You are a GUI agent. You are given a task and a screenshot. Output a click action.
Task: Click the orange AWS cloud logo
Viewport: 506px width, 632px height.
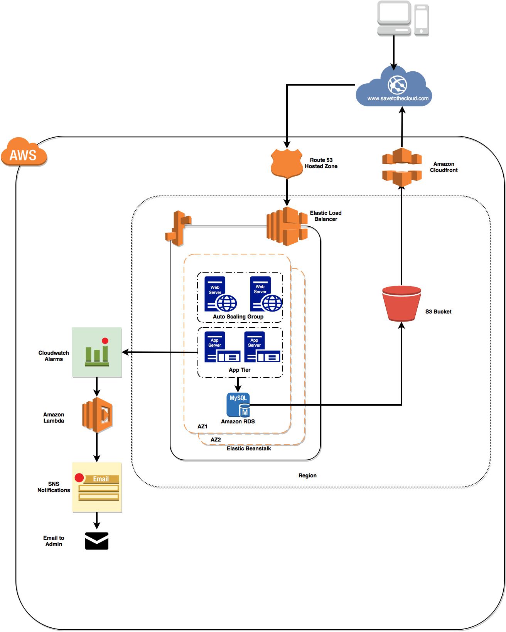click(x=24, y=153)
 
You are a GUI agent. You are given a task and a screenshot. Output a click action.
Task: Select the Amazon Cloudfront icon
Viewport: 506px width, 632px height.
click(x=401, y=167)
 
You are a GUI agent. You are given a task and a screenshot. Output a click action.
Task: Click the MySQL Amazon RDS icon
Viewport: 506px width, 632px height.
click(x=238, y=405)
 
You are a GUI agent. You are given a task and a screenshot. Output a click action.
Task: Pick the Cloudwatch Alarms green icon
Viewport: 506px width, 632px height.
click(x=97, y=352)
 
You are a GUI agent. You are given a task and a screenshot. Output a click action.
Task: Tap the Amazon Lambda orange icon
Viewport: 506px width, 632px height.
click(x=97, y=416)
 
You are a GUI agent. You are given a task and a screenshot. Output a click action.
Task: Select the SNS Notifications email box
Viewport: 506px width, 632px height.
click(x=97, y=487)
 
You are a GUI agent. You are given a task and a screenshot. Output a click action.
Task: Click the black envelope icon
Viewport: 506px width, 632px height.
click(x=97, y=541)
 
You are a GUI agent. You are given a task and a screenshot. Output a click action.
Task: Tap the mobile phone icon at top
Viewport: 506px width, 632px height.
click(x=422, y=20)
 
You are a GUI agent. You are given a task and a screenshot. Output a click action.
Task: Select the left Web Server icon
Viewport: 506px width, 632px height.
click(x=220, y=294)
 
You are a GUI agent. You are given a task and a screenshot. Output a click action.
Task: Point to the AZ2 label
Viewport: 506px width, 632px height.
click(x=216, y=440)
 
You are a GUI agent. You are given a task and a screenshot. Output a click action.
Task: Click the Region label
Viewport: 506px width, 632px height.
click(x=307, y=475)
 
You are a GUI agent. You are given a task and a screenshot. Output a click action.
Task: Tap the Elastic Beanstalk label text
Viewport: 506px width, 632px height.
click(x=249, y=448)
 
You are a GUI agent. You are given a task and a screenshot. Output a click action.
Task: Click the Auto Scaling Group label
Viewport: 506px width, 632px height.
click(x=238, y=317)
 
